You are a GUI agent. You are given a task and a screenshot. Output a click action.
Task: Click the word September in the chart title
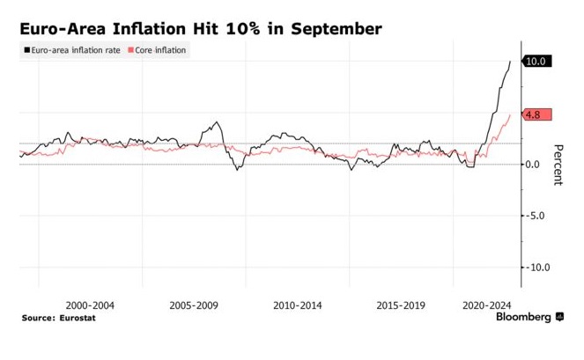tap(332, 29)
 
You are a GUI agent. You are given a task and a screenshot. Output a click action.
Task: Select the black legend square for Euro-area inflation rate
tap(26, 51)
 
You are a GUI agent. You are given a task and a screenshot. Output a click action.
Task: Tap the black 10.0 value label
tap(537, 61)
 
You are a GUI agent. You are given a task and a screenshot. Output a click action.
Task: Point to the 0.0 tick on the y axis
tap(533, 165)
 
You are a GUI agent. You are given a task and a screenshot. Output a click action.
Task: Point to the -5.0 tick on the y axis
tap(533, 216)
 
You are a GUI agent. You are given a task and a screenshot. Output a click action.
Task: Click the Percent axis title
tap(558, 165)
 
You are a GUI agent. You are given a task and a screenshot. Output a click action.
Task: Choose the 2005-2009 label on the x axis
tap(194, 305)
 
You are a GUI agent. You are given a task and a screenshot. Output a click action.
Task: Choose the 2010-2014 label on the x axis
tap(297, 305)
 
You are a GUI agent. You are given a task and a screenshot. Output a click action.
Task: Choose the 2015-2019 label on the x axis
tap(400, 305)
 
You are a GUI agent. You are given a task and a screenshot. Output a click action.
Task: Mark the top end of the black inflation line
tap(510, 62)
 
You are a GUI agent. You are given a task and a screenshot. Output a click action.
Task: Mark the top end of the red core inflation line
tap(510, 114)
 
